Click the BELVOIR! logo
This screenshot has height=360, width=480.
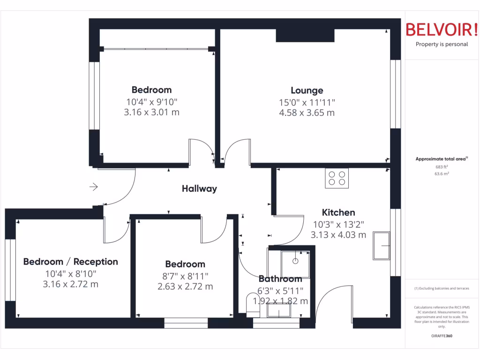pyautogui.click(x=442, y=30)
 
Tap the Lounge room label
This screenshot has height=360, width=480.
pyautogui.click(x=307, y=90)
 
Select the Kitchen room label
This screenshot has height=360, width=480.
pyautogui.click(x=338, y=212)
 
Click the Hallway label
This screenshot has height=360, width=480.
pyautogui.click(x=200, y=189)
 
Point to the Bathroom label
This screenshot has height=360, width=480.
pyautogui.click(x=280, y=279)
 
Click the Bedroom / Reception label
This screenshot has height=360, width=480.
pyautogui.click(x=71, y=262)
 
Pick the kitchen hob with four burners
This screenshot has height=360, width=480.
pyautogui.click(x=337, y=178)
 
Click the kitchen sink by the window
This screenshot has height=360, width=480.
pyautogui.click(x=381, y=245)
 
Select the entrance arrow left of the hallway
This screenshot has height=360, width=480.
pyautogui.click(x=94, y=187)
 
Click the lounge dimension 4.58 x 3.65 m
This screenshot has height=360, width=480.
pyautogui.click(x=307, y=113)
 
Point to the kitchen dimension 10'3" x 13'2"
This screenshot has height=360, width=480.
pyautogui.click(x=338, y=225)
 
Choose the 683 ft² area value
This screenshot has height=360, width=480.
pyautogui.click(x=442, y=166)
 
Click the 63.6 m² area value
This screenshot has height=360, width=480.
pyautogui.click(x=442, y=173)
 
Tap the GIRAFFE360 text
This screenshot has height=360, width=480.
pyautogui.click(x=442, y=336)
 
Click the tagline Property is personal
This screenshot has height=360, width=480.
pyautogui.click(x=442, y=45)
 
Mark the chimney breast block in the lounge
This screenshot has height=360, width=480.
pyautogui.click(x=305, y=36)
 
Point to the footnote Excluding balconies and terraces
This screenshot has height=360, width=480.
pyautogui.click(x=442, y=288)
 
